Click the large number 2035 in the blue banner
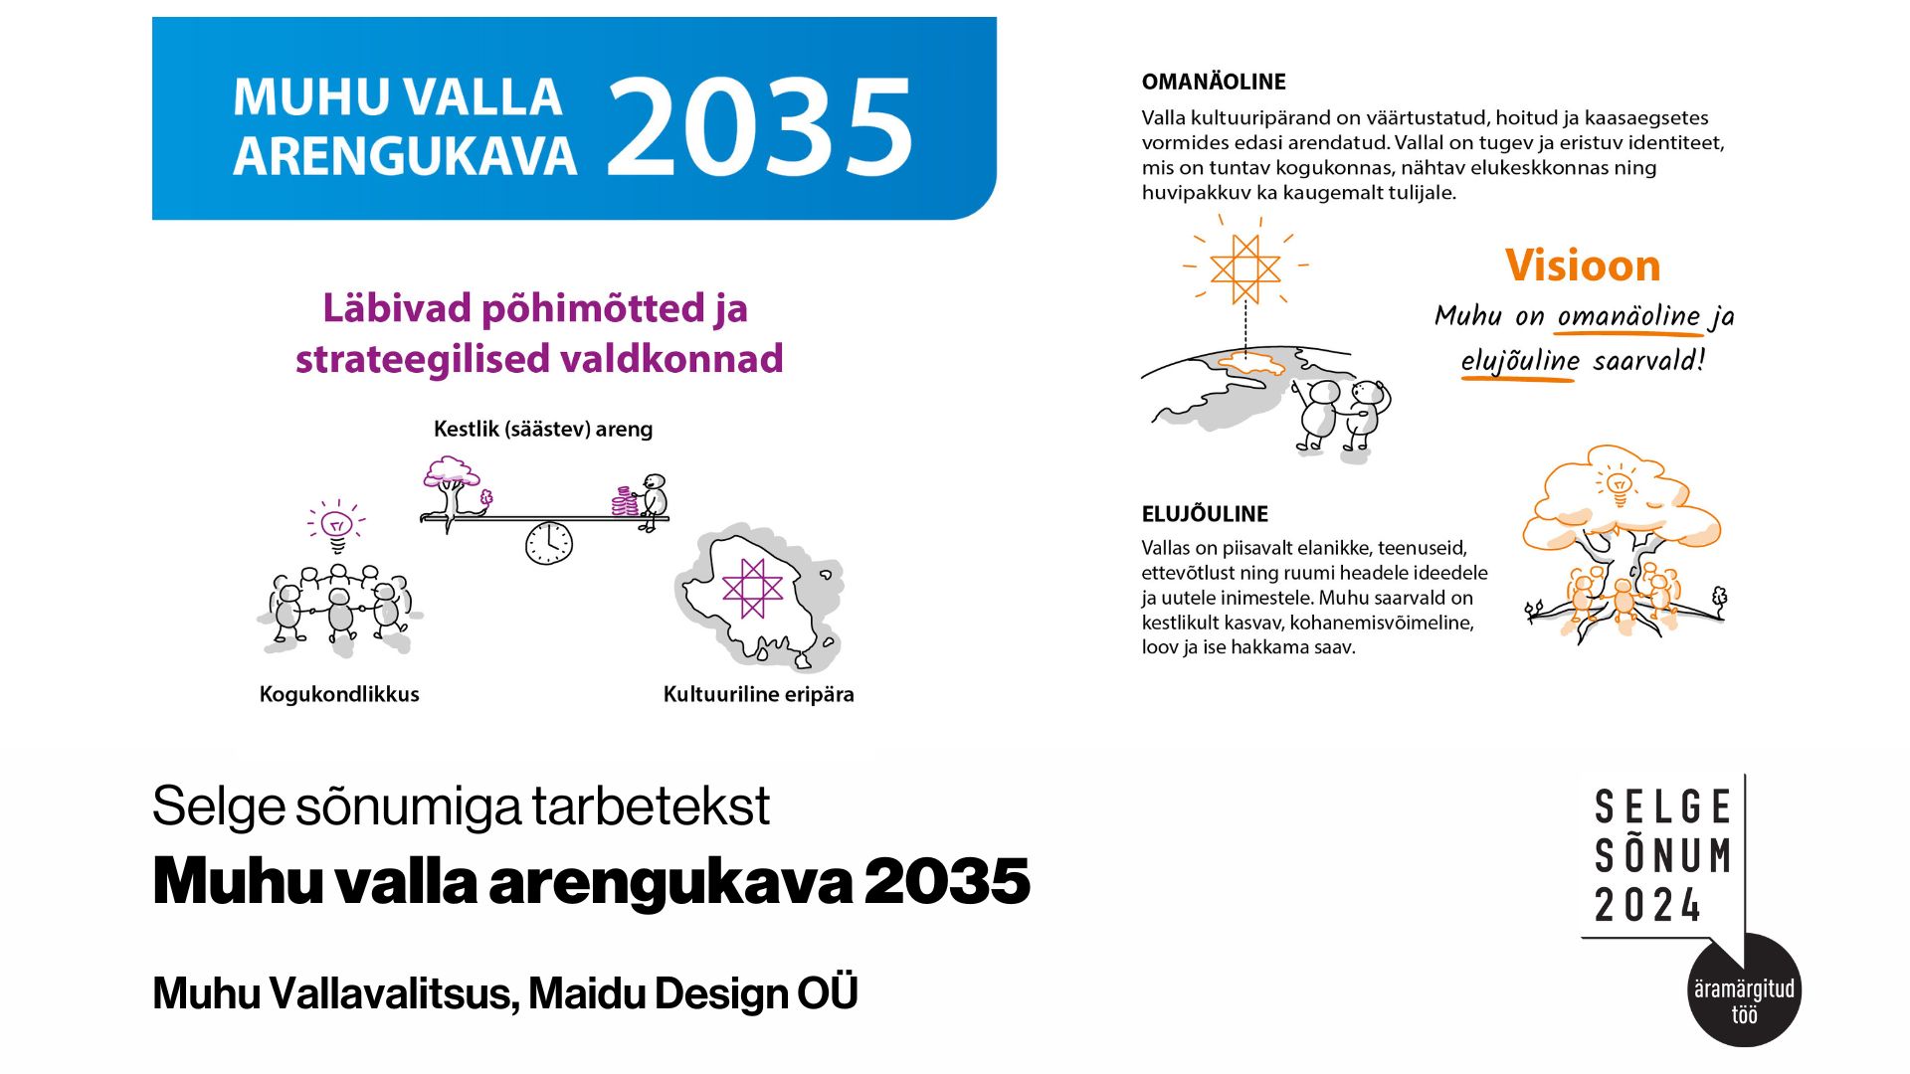point(760,127)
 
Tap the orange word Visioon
point(1583,266)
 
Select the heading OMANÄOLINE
point(1214,82)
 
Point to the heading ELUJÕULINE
point(1205,514)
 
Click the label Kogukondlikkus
point(339,694)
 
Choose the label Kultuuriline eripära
point(758,694)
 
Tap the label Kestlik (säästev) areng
point(543,429)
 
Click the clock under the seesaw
point(549,543)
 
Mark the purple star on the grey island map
point(753,589)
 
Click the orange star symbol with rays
point(1244,268)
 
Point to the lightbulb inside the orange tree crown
point(1619,483)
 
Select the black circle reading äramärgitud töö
point(1745,990)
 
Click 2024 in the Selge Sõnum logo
point(1648,905)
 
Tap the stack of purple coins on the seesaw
point(624,502)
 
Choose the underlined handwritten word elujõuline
point(1519,360)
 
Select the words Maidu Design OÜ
point(693,992)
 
